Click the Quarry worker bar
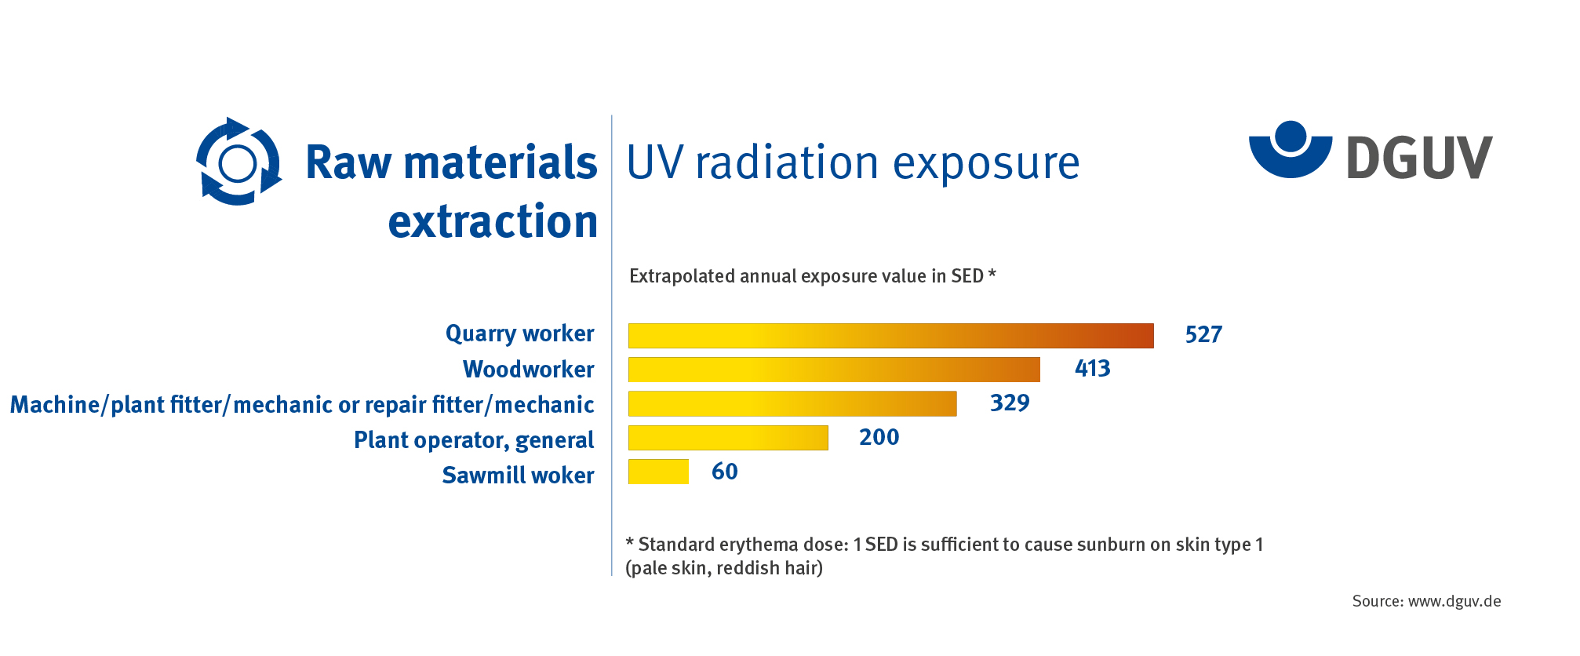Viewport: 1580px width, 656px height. (x=890, y=336)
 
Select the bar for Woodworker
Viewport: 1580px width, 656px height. (x=834, y=370)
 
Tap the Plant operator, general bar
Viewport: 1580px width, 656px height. (x=728, y=438)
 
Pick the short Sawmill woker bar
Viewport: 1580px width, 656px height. (x=658, y=472)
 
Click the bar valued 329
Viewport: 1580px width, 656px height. (x=792, y=403)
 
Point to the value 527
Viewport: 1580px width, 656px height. (x=1203, y=335)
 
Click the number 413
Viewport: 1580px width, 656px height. (x=1093, y=369)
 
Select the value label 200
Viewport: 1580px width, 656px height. (x=879, y=437)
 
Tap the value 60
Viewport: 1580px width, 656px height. (x=725, y=472)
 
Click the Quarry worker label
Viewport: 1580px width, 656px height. (x=520, y=334)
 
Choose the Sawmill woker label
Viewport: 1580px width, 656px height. (x=518, y=476)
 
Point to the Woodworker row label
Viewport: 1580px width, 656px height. (x=529, y=370)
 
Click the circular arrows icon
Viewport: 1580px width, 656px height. (x=238, y=162)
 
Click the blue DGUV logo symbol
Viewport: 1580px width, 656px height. (x=1291, y=149)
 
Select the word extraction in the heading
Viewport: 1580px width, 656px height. (x=493, y=221)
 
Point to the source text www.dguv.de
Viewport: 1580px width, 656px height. (x=1454, y=602)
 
